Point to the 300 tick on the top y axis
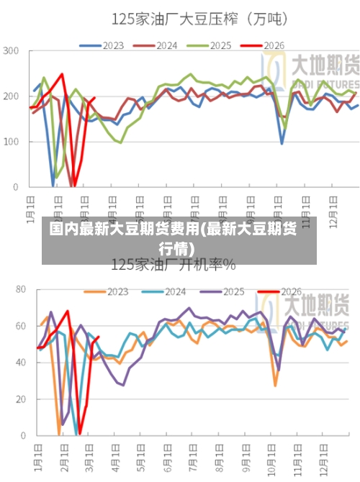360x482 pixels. tap(12, 51)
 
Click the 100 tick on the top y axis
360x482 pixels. tap(12, 142)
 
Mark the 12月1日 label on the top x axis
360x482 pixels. tap(334, 209)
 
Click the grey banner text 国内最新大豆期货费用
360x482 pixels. tap(174, 231)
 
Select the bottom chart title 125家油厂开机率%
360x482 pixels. tap(173, 265)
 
